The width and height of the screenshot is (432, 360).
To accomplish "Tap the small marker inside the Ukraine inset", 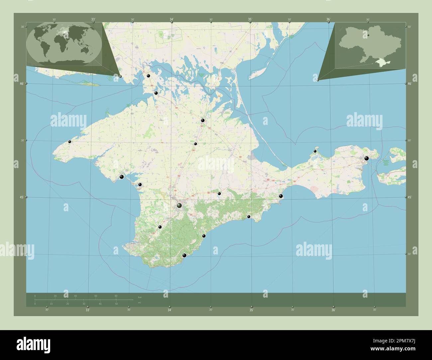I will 368,35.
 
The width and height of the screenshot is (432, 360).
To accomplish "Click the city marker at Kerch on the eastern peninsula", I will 367,158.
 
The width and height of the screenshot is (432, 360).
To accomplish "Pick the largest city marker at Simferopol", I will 179,206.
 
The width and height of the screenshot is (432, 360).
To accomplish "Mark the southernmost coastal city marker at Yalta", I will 184,255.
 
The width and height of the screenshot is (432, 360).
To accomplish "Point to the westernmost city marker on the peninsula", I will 70,142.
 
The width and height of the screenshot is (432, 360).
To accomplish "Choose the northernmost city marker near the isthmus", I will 149,76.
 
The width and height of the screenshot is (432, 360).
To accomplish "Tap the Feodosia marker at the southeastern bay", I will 281,196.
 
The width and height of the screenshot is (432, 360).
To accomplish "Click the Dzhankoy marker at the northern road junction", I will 202,121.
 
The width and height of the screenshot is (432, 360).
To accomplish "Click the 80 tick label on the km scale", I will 116,296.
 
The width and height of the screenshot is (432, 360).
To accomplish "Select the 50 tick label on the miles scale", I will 116,304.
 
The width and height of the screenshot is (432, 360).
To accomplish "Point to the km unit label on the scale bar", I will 139,297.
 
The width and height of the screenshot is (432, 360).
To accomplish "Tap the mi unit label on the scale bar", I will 139,303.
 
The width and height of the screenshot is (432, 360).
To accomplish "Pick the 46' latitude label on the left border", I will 22,84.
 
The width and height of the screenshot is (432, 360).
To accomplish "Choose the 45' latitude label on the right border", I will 410,197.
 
